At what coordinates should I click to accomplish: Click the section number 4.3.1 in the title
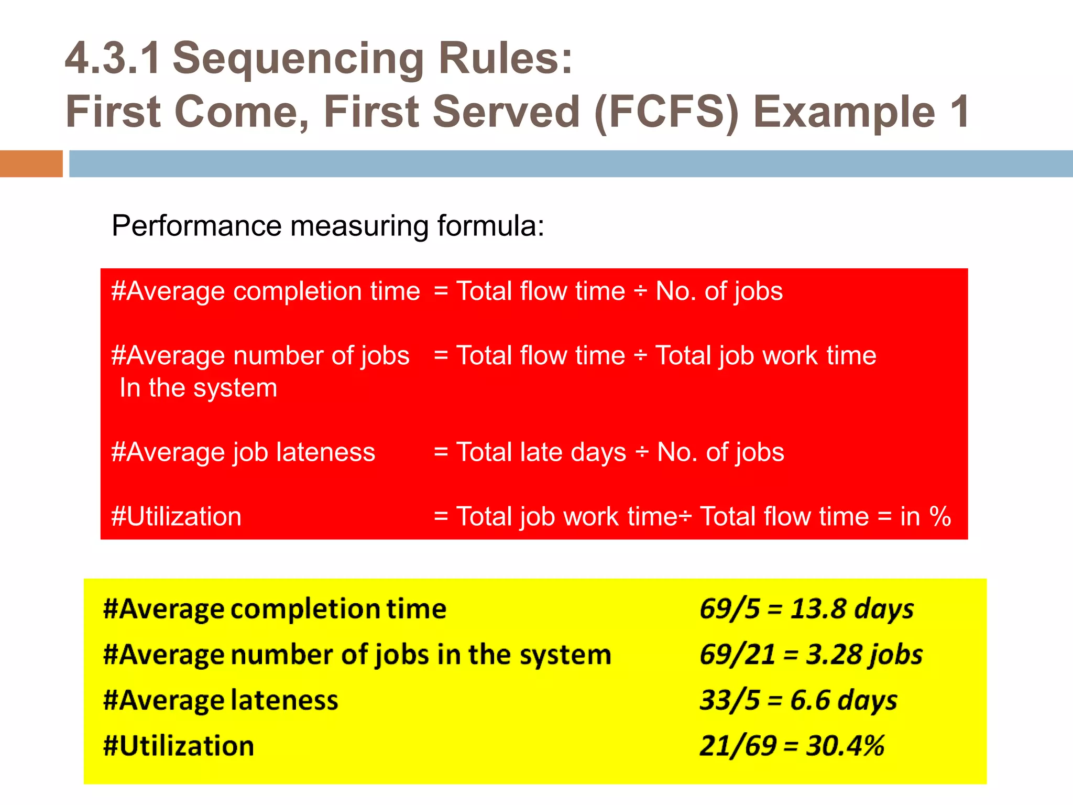coord(113,58)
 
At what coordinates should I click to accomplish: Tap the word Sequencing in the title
coord(298,59)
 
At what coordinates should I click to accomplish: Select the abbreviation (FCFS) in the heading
coord(666,112)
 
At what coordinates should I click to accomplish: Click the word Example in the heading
coord(844,113)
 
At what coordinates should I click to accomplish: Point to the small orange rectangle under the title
coord(31,164)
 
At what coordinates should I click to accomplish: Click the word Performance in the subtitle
coord(197,226)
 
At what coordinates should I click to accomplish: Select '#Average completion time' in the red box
coord(266,291)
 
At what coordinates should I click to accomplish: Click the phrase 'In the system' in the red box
coord(198,388)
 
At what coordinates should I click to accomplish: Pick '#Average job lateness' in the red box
coord(243,452)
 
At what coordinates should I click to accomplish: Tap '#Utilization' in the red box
coord(177,517)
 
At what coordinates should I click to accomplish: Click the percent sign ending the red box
coord(940,517)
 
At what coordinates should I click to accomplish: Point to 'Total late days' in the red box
coord(541,452)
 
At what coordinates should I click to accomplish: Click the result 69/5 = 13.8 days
coord(806,610)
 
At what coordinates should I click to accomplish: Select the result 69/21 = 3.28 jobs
coord(811,655)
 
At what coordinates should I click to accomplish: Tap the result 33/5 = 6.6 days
coord(798,701)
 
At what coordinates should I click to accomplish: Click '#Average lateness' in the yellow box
coord(221,701)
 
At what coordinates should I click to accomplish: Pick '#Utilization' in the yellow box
coord(179,746)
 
